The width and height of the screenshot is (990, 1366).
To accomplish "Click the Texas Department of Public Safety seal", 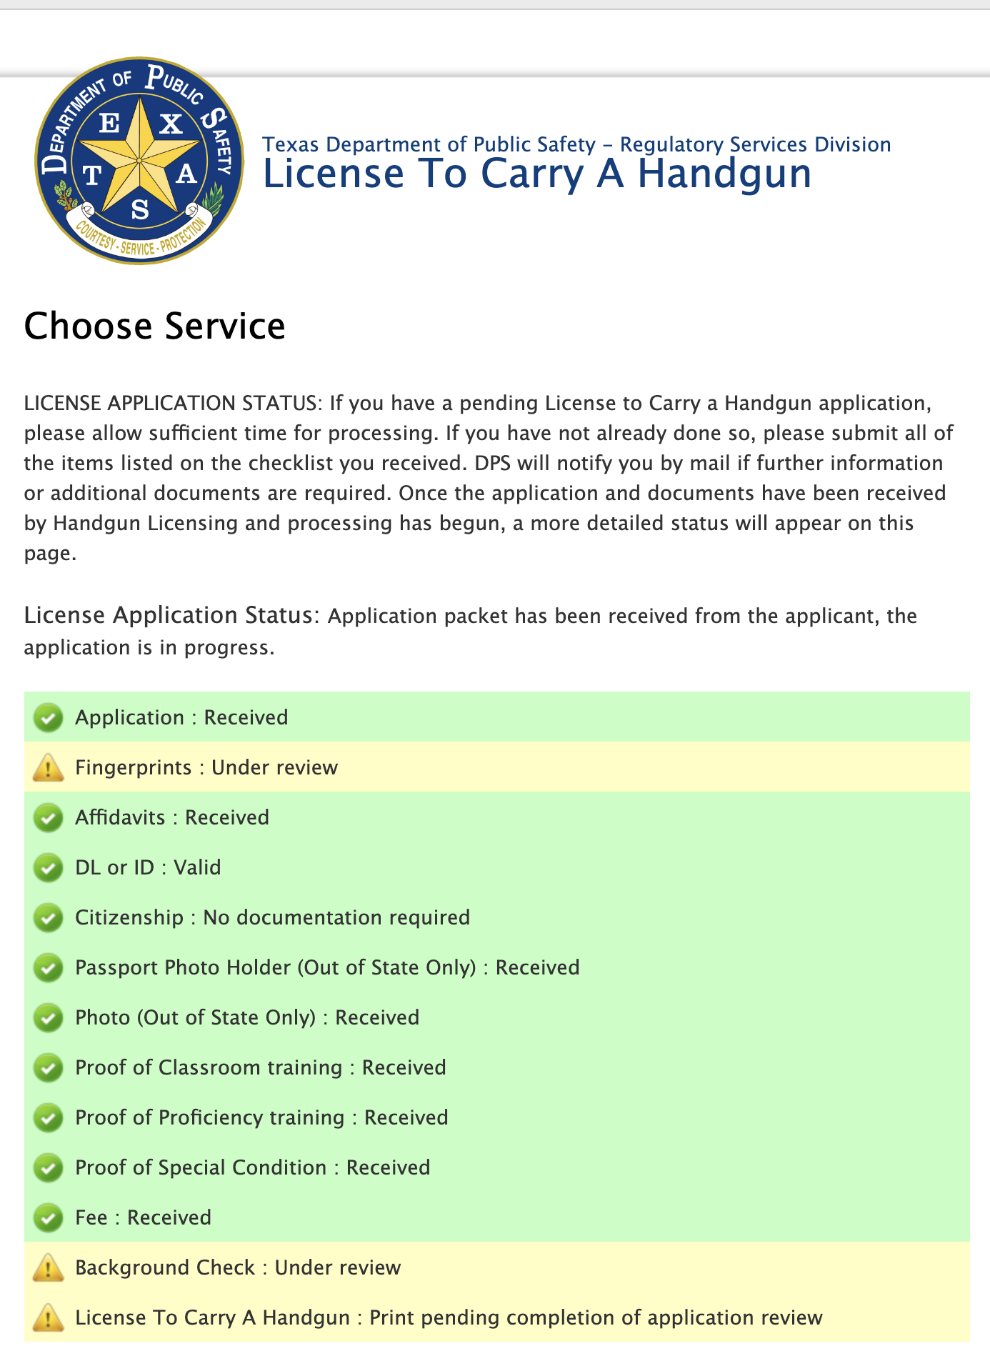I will point(139,161).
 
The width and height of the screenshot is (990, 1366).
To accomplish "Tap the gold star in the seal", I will point(139,159).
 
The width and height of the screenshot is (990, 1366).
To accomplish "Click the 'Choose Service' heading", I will point(154,326).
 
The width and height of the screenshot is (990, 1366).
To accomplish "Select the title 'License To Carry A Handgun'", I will point(537,174).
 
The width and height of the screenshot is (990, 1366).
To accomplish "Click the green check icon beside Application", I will point(49,717).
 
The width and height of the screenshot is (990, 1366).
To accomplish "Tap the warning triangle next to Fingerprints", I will point(49,768).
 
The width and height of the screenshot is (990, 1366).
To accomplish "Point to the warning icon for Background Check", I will point(49,1268).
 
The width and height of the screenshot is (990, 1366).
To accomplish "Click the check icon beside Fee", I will point(49,1217).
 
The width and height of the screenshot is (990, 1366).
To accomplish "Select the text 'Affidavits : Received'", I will point(172,817).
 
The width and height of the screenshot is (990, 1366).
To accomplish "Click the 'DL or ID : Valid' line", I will point(148,867).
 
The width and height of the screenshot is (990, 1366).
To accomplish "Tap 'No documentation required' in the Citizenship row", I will point(336,917).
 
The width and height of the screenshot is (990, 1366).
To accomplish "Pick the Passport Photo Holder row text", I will point(327,967).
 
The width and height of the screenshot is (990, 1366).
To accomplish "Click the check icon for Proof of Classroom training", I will point(49,1067).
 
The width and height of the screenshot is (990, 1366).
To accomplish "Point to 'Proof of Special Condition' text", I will point(201,1167).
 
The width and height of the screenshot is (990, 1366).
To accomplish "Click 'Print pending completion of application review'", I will point(596,1317).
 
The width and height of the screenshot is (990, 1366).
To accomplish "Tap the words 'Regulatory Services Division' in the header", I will point(755,144).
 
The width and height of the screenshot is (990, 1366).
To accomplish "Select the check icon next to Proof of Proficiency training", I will point(49,1117).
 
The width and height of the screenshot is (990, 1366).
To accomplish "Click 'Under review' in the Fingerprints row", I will point(274,767).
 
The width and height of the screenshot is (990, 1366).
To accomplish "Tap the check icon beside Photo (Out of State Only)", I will point(49,1017).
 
